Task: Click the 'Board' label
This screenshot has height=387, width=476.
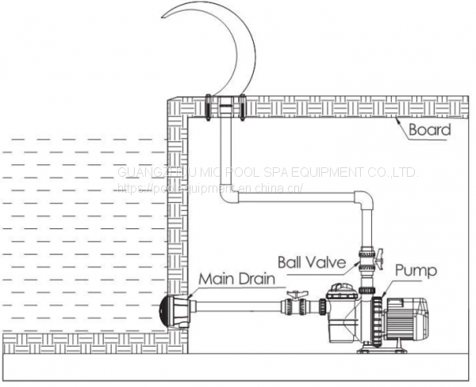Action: (429, 129)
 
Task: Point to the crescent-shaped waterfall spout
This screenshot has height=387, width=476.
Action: (238, 48)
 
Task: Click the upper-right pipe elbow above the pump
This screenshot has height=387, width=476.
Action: (363, 200)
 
